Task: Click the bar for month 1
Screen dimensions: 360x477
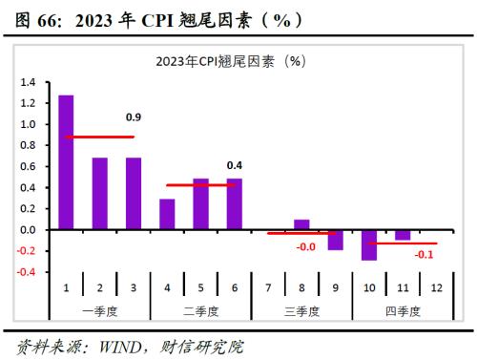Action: pyautogui.click(x=66, y=162)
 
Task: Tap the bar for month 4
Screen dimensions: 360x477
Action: pyautogui.click(x=167, y=214)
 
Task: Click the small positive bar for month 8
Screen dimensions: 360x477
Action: pyautogui.click(x=301, y=225)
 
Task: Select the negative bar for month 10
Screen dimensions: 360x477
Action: pyautogui.click(x=368, y=245)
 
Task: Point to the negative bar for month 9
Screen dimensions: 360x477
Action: pyautogui.click(x=335, y=240)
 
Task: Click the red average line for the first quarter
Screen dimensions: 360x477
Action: pyautogui.click(x=99, y=138)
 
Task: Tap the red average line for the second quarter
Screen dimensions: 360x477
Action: pyautogui.click(x=200, y=185)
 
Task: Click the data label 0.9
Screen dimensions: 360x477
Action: pyautogui.click(x=134, y=117)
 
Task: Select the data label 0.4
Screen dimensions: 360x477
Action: pyautogui.click(x=235, y=165)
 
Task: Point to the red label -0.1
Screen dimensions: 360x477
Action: pyautogui.click(x=424, y=255)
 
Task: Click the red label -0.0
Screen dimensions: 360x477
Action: pyautogui.click(x=305, y=247)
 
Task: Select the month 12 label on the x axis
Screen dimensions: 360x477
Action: pyautogui.click(x=435, y=287)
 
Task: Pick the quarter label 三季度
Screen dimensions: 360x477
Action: pyautogui.click(x=301, y=310)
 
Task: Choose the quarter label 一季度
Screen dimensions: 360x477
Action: pyautogui.click(x=99, y=310)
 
